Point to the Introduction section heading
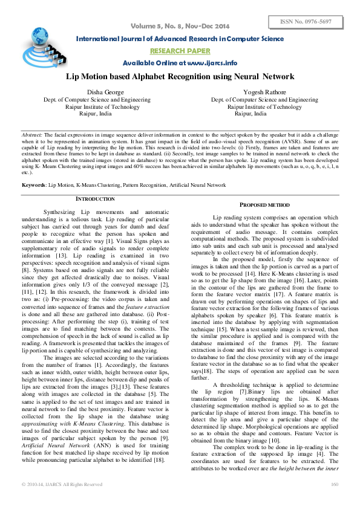tap(95, 199)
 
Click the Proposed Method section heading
tap(265, 206)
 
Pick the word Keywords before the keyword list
tap(34, 184)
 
